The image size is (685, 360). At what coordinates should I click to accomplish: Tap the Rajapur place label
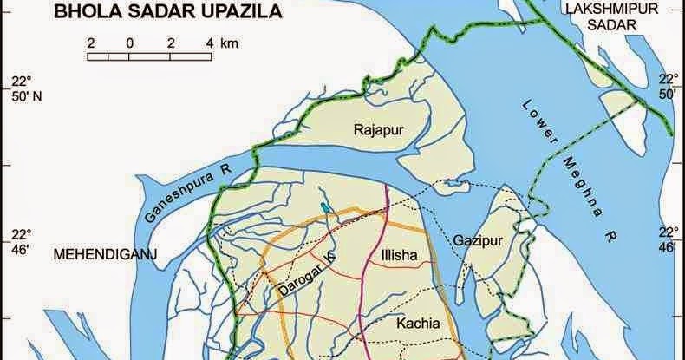point(381,131)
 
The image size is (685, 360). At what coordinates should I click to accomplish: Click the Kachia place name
point(419,324)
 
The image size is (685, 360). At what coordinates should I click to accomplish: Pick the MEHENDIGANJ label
point(98,256)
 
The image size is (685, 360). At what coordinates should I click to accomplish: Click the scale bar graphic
point(150,57)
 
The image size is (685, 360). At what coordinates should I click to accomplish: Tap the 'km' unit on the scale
point(230,43)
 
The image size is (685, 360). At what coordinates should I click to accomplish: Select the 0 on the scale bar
point(128,43)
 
